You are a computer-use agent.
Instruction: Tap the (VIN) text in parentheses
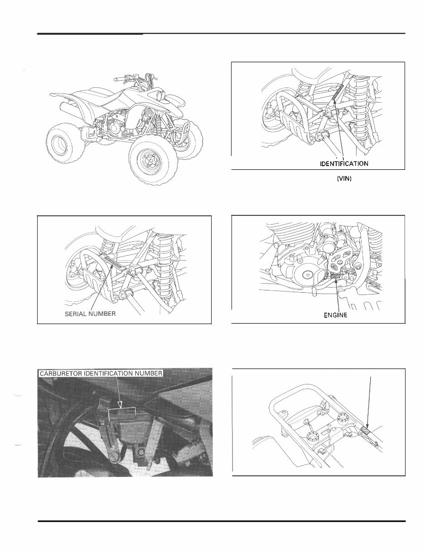click(x=345, y=179)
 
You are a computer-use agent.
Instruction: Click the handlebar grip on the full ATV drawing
click(x=119, y=80)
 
